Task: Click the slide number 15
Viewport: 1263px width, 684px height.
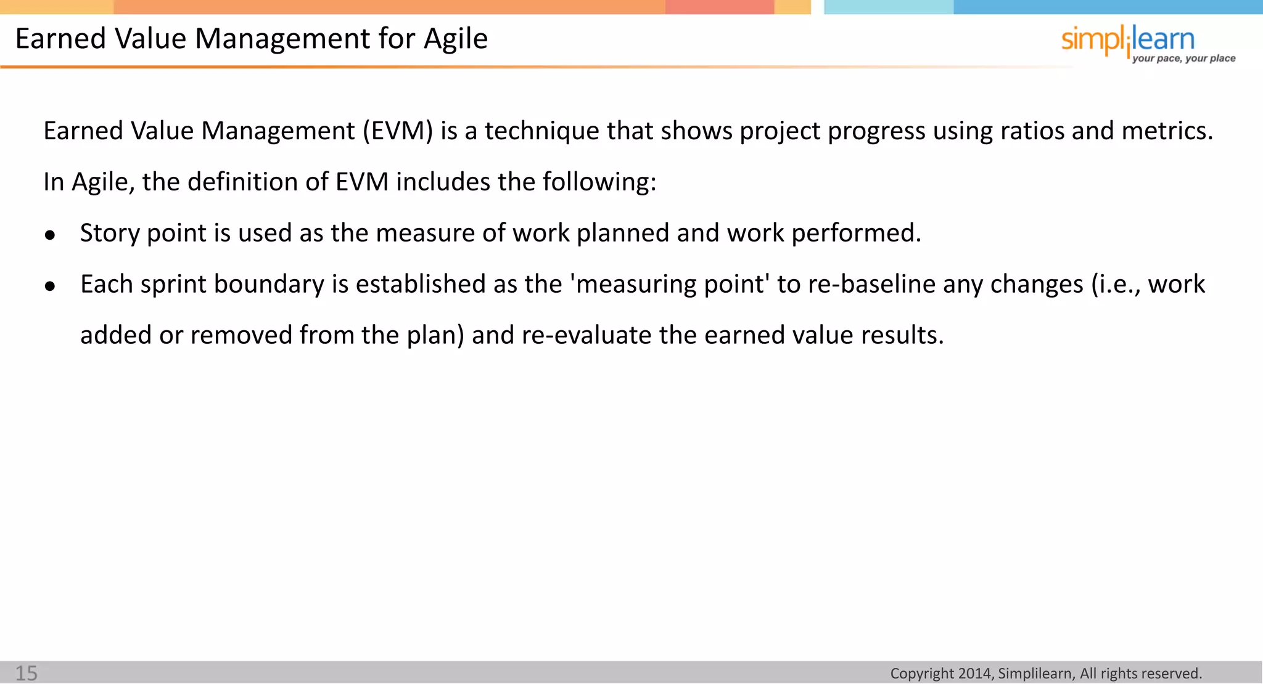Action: pos(27,673)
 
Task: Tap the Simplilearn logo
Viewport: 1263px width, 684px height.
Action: pos(1128,41)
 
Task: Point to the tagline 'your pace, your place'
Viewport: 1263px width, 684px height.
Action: pos(1183,59)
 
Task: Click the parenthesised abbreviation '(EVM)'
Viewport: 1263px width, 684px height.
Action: pos(398,131)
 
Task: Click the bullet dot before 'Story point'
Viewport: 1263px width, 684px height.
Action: pos(51,235)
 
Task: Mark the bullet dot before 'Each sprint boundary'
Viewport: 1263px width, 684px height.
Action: pos(51,286)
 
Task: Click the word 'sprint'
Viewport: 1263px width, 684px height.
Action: pos(173,285)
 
